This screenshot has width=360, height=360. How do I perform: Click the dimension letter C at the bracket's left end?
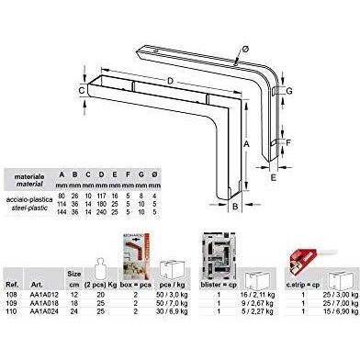point(82,90)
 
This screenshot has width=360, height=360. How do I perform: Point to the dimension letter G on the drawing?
point(289,92)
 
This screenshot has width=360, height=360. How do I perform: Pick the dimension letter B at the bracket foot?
point(235,208)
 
